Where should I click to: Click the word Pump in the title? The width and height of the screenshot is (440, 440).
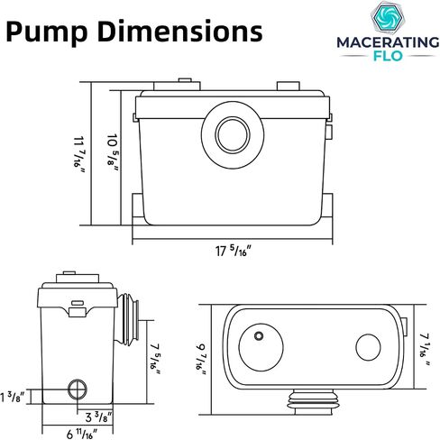click(47, 32)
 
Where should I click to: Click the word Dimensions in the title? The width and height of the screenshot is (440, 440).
click(180, 31)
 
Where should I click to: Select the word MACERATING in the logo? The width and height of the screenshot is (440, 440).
click(388, 42)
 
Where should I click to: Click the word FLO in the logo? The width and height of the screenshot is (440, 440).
click(388, 56)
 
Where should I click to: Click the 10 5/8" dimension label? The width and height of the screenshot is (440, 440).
click(112, 153)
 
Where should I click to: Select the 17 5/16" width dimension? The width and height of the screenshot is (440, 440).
click(233, 251)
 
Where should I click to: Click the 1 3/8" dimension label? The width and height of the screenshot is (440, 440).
click(12, 397)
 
